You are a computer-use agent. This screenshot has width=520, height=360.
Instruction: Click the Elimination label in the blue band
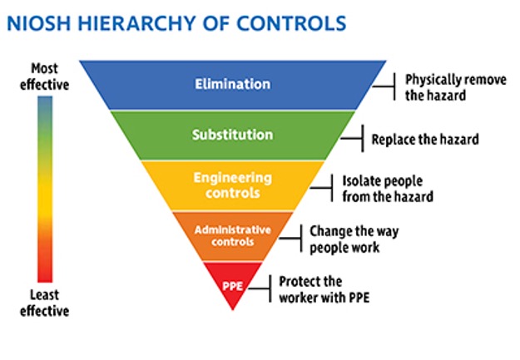pyautogui.click(x=232, y=84)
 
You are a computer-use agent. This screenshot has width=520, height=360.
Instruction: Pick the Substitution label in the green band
pyautogui.click(x=232, y=135)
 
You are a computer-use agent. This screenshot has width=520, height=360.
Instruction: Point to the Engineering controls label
pyautogui.click(x=232, y=185)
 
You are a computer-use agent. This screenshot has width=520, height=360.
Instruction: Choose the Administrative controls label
pyautogui.click(x=232, y=235)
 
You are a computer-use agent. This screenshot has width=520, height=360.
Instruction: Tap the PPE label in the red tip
pyautogui.click(x=232, y=286)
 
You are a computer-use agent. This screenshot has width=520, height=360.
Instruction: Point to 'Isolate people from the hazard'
pyautogui.click(x=388, y=189)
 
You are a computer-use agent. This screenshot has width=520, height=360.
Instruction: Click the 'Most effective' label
pyautogui.click(x=49, y=76)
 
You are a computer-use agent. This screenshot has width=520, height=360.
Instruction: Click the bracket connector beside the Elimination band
pyautogui.click(x=385, y=86)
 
